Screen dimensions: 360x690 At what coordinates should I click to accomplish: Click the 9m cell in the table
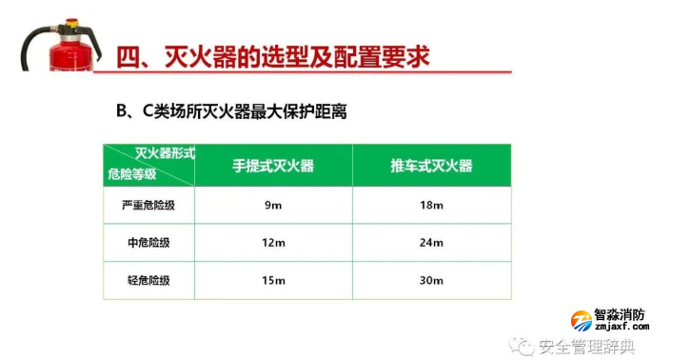[274, 205]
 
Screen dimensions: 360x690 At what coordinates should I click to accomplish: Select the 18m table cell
[430, 205]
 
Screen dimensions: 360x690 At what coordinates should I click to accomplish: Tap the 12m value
[274, 243]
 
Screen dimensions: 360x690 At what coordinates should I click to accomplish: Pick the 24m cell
[430, 243]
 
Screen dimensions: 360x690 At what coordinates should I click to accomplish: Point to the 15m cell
[274, 280]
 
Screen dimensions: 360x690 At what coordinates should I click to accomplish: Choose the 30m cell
[430, 280]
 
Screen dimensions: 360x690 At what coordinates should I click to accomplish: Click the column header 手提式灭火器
[274, 166]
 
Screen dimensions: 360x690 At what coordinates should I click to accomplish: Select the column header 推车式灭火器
[430, 166]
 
